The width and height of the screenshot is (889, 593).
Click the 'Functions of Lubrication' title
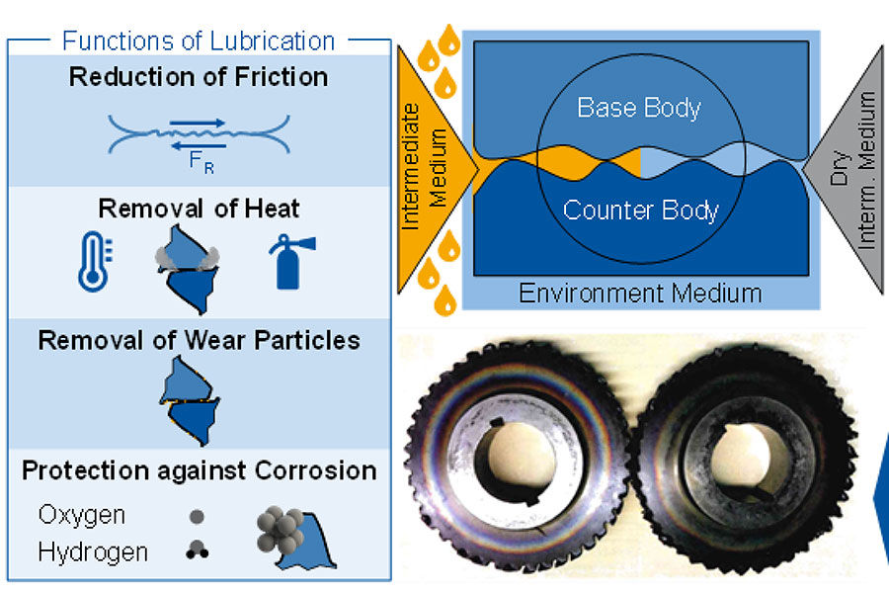click(x=199, y=42)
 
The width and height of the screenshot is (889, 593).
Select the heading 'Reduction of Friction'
click(x=199, y=77)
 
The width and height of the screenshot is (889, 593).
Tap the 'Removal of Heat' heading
click(x=199, y=209)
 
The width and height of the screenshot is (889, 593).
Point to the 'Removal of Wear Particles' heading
click(x=199, y=341)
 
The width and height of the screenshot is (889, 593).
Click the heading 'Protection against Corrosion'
click(x=199, y=469)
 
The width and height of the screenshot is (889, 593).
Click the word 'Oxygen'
click(x=81, y=515)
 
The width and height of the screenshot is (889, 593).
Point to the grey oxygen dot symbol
click(x=197, y=516)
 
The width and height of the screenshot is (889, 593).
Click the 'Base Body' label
click(x=639, y=108)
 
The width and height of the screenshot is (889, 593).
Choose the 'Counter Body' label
click(x=639, y=211)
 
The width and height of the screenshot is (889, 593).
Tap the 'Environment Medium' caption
click(x=640, y=293)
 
